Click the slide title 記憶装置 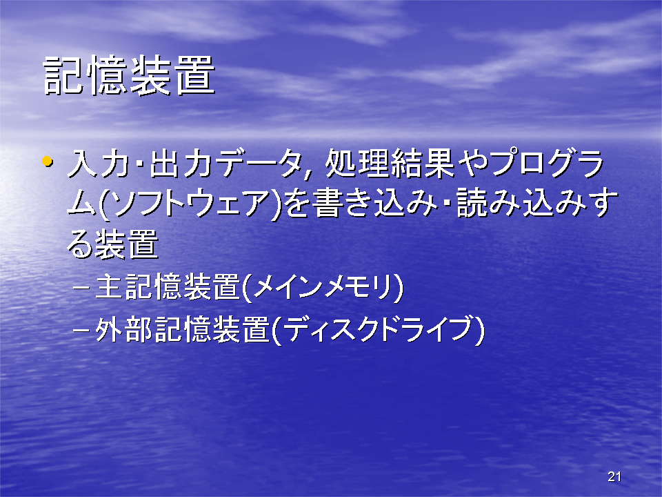[129, 76]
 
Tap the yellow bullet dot [47, 161]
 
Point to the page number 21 [614, 477]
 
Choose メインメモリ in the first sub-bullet [324, 287]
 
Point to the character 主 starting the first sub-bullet [110, 287]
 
